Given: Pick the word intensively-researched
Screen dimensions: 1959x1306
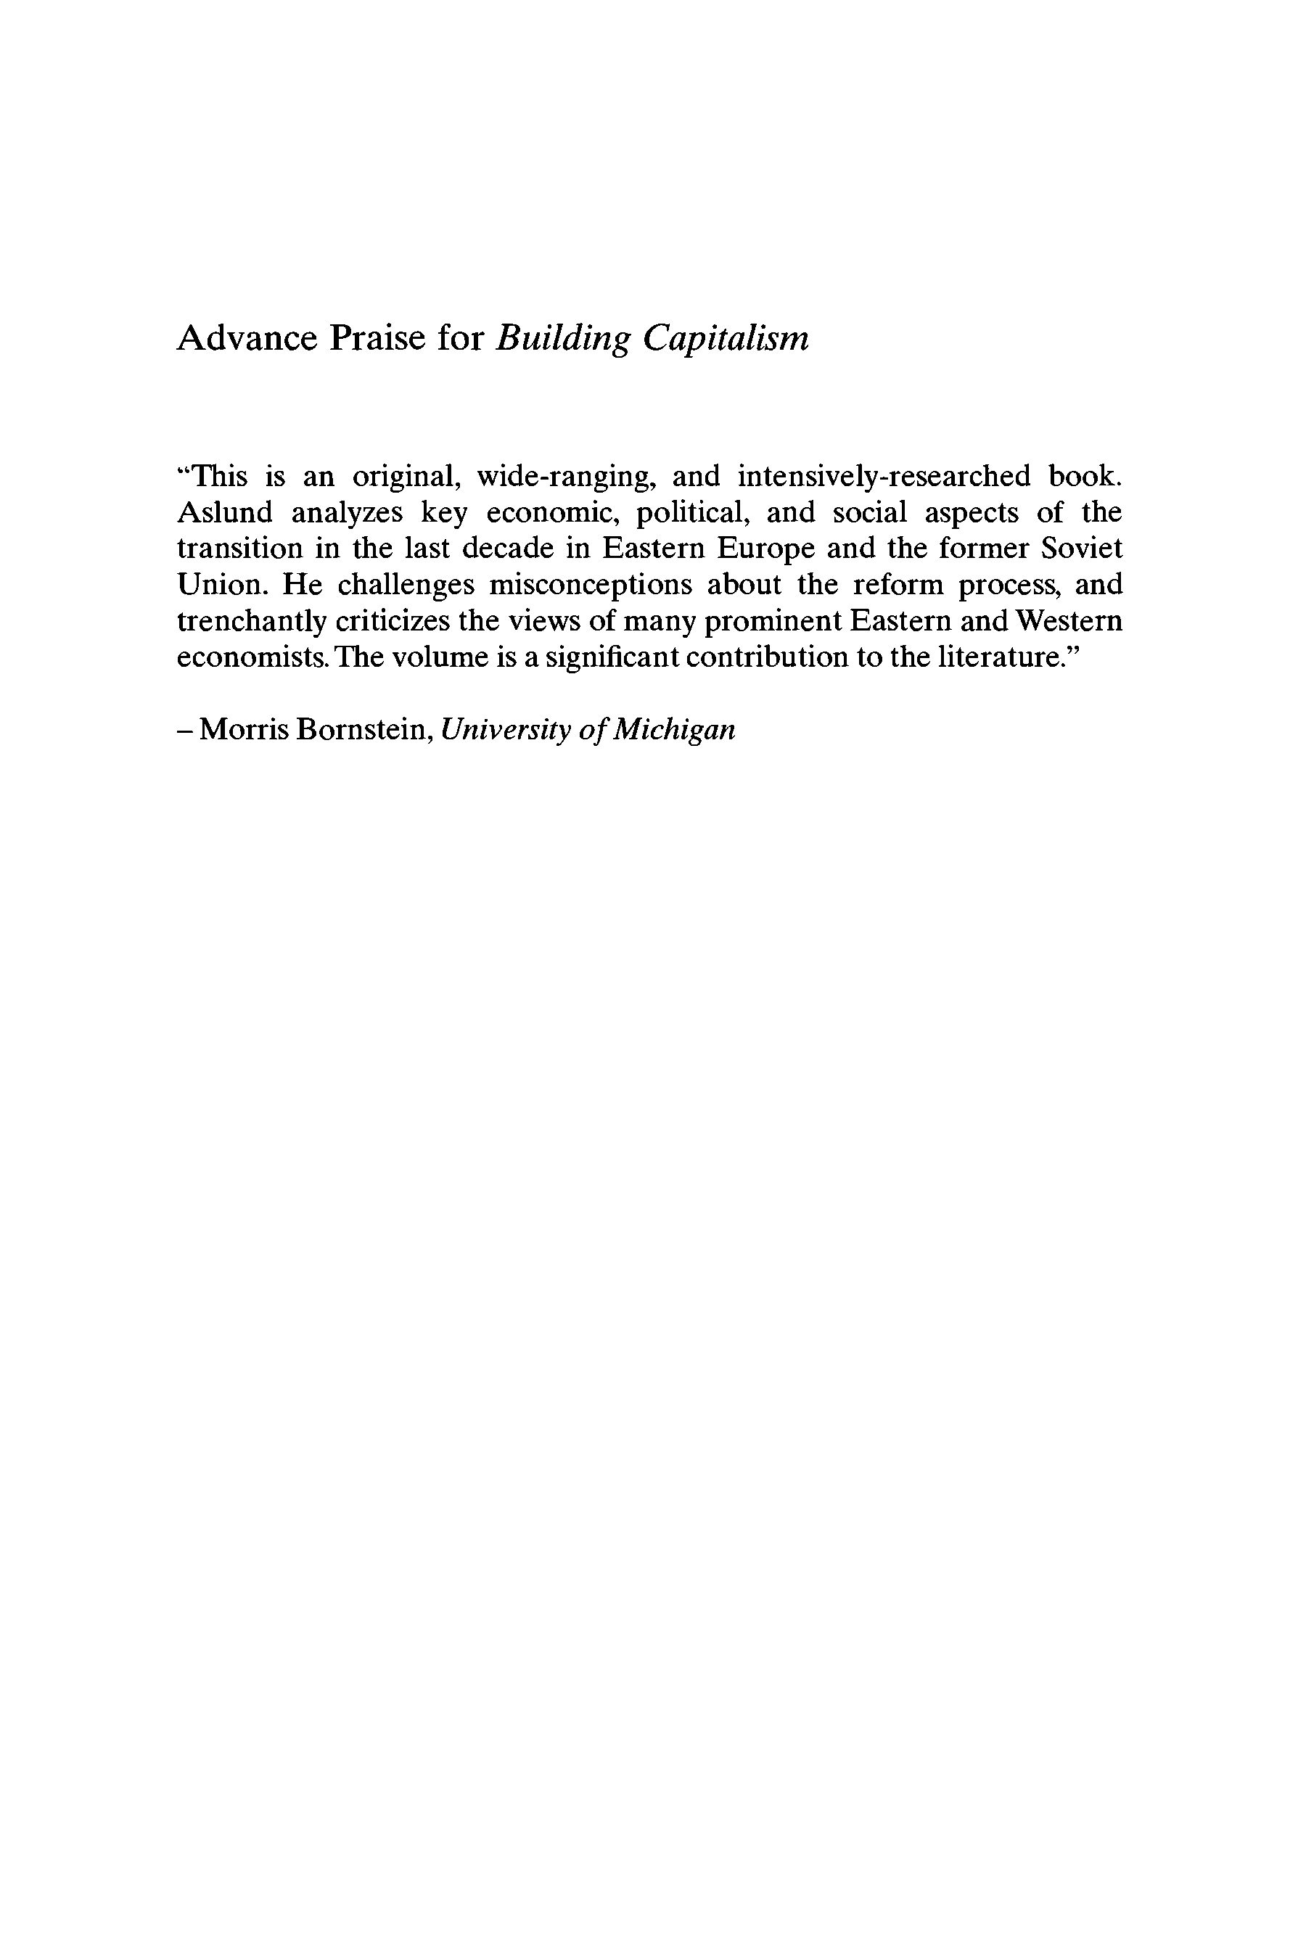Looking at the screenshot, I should click(884, 477).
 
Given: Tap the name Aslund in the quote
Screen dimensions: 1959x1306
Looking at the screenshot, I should click(225, 513).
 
